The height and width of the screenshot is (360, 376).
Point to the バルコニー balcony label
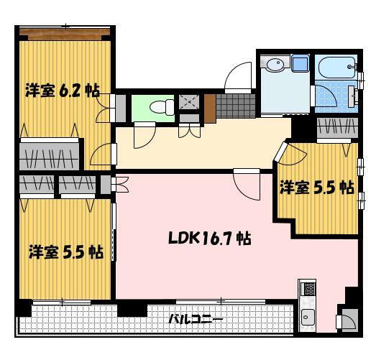[196, 320]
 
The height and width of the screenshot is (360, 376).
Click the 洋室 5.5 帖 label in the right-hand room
[316, 187]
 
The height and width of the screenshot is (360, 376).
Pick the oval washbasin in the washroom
[274, 66]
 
